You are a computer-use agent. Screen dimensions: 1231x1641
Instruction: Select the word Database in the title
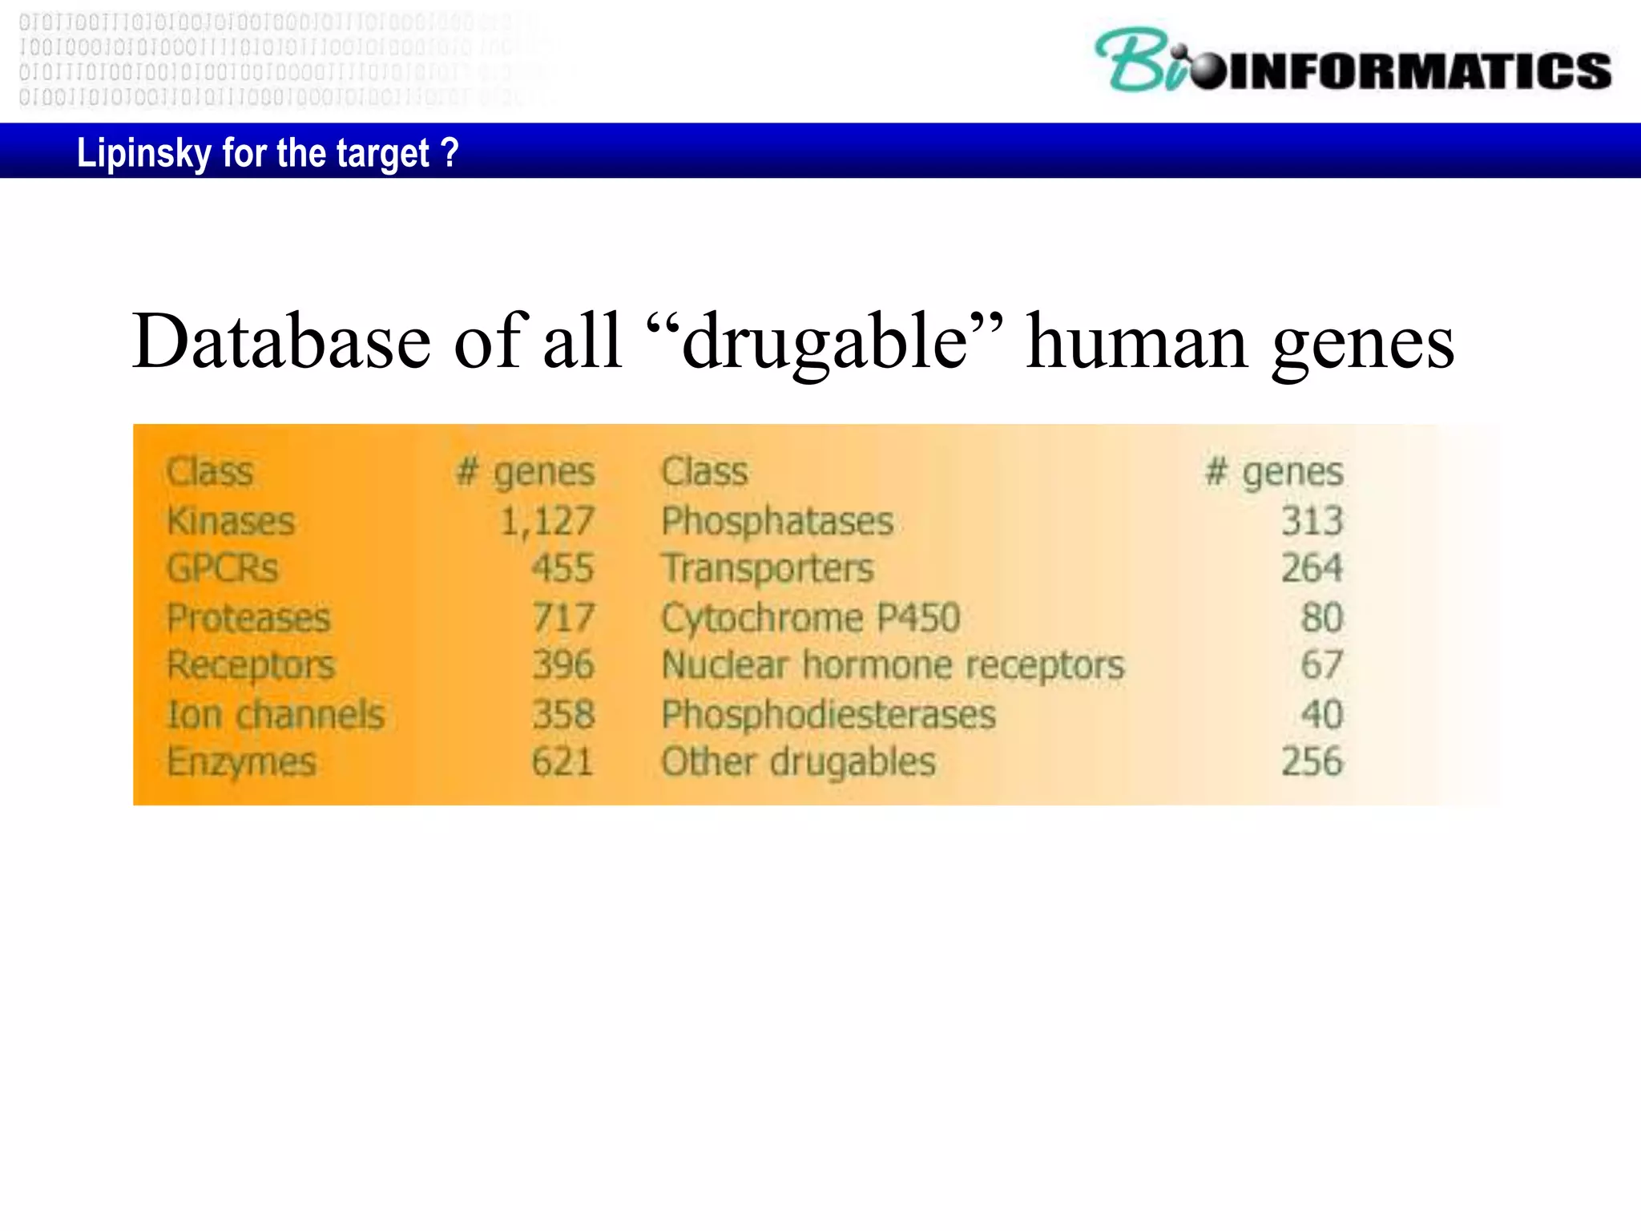[x=281, y=342]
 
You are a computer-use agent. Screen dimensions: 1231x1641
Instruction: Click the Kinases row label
[x=231, y=522]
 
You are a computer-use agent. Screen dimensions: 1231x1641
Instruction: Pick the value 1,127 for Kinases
[x=546, y=522]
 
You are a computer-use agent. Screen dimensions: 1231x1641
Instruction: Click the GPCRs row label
[x=222, y=569]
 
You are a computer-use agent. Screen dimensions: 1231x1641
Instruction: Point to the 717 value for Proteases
[x=563, y=618]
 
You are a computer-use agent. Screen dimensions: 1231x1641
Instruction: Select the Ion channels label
[x=276, y=714]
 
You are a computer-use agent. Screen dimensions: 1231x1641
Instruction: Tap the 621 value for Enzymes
[x=562, y=761]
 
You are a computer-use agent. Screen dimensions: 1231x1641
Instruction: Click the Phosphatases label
[x=776, y=522]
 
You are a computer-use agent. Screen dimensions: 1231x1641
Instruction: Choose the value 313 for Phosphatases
[x=1312, y=522]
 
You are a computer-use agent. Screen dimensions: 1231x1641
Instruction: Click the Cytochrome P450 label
[x=810, y=618]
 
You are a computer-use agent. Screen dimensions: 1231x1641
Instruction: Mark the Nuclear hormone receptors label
[x=893, y=665]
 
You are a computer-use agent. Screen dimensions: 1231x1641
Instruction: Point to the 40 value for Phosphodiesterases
[x=1321, y=714]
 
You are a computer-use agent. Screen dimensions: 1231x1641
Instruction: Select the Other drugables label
[x=798, y=761]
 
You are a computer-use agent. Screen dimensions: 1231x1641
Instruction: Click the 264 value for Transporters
[x=1312, y=569]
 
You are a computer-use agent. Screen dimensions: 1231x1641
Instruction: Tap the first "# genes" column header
[x=526, y=472]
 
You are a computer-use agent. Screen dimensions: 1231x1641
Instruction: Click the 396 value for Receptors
[x=563, y=665]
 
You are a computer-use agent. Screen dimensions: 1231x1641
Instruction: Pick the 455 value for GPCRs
[x=562, y=569]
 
